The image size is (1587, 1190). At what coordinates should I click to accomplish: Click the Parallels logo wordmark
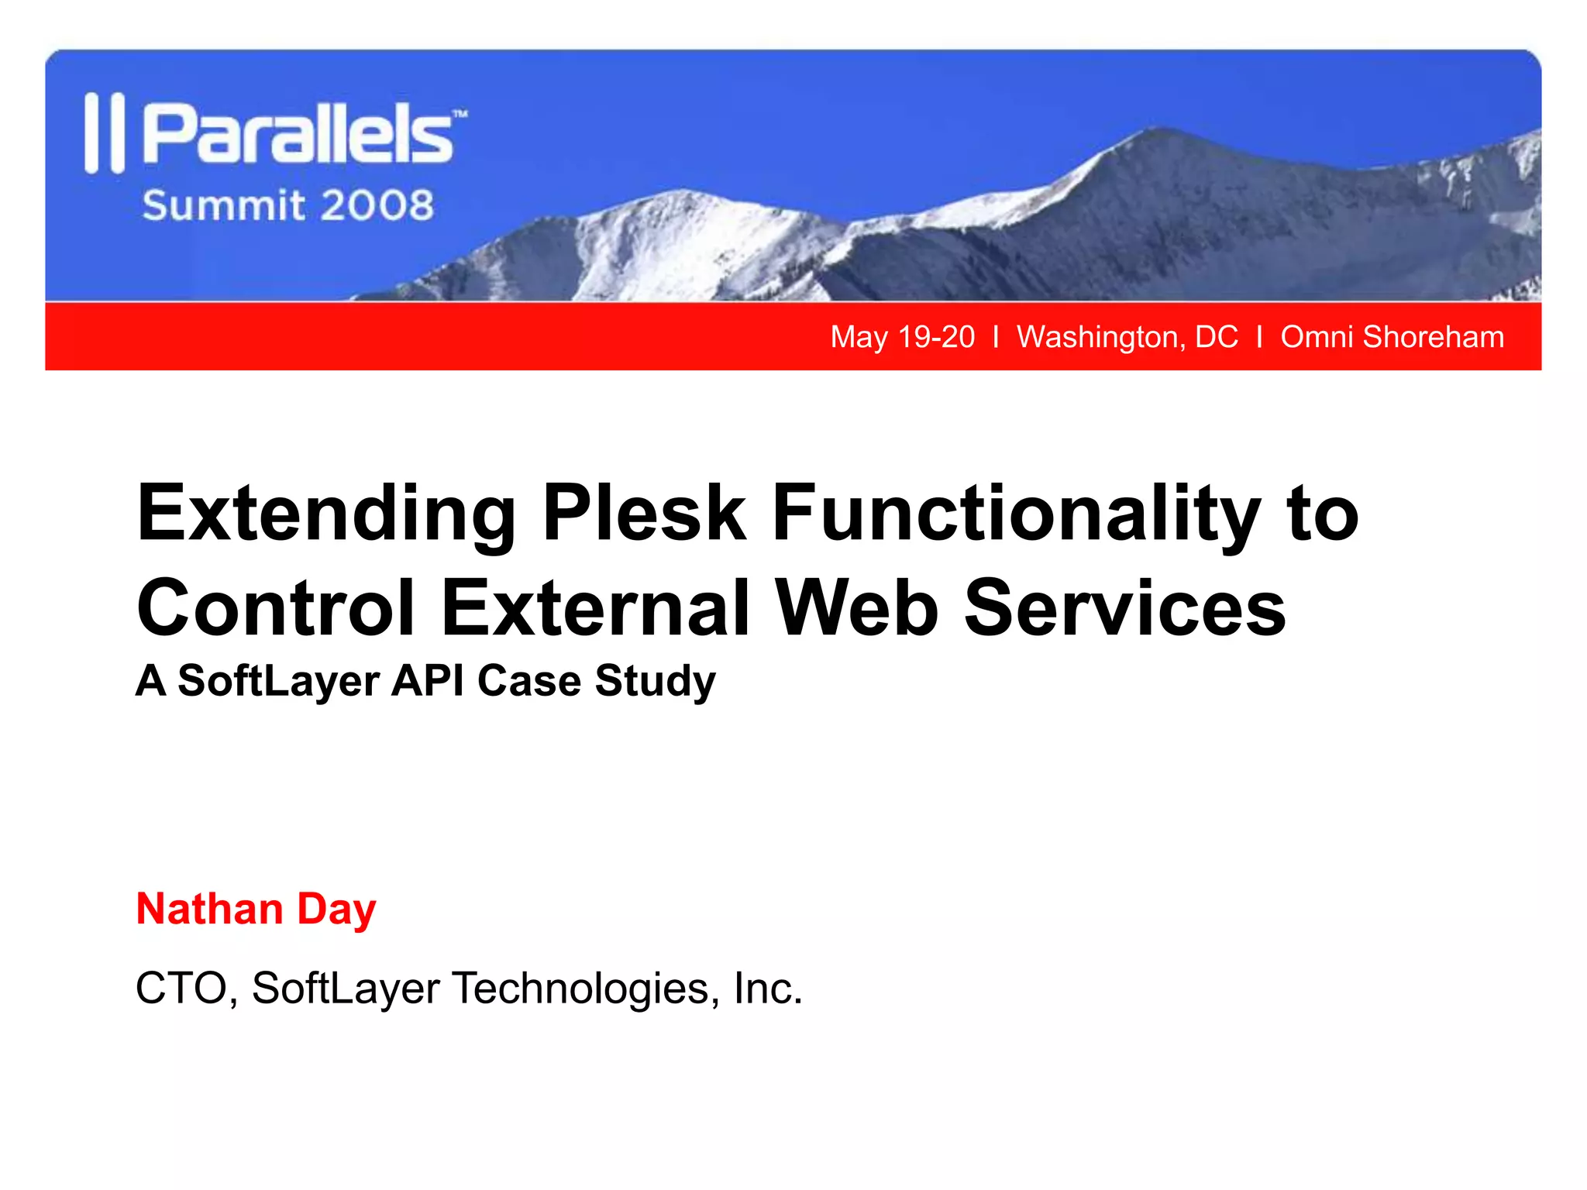(298, 135)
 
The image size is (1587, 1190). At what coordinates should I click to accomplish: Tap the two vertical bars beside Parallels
(104, 133)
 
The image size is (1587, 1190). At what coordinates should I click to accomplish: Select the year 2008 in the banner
(377, 206)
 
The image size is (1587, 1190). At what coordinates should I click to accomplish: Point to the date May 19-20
(902, 337)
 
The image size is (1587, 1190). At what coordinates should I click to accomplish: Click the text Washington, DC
(1127, 337)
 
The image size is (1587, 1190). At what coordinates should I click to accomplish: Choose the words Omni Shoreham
(1392, 337)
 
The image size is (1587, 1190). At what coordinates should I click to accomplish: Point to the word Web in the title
(858, 608)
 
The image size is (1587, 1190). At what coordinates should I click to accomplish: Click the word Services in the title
(1124, 608)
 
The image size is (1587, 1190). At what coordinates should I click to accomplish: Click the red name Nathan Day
(256, 909)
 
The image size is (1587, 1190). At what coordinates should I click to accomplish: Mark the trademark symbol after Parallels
(460, 114)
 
